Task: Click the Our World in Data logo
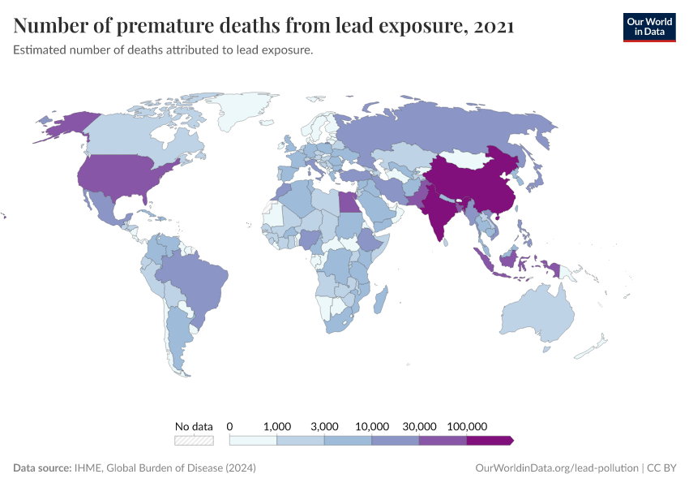point(648,27)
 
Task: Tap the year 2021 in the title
point(493,26)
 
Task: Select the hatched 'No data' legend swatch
point(194,440)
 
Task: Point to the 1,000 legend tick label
point(277,426)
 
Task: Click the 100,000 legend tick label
point(467,426)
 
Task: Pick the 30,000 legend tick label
point(420,426)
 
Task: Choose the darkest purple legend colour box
point(489,440)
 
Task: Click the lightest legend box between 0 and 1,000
point(254,440)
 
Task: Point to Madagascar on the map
point(379,301)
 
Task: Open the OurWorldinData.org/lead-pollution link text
point(555,468)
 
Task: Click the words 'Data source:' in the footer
point(42,468)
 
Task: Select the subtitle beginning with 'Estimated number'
point(163,50)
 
